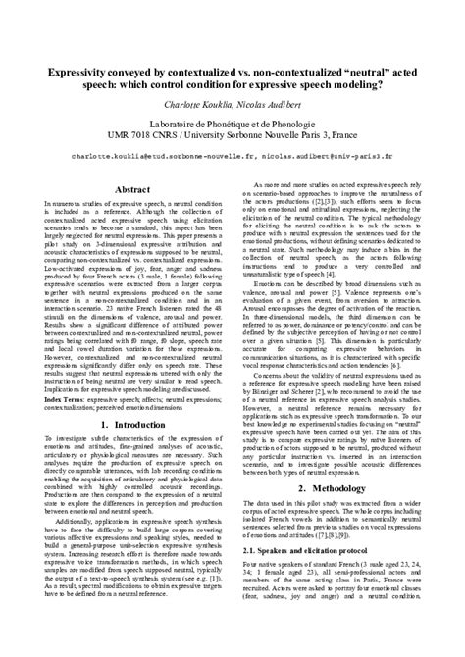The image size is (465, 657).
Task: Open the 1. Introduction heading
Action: (132, 424)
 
